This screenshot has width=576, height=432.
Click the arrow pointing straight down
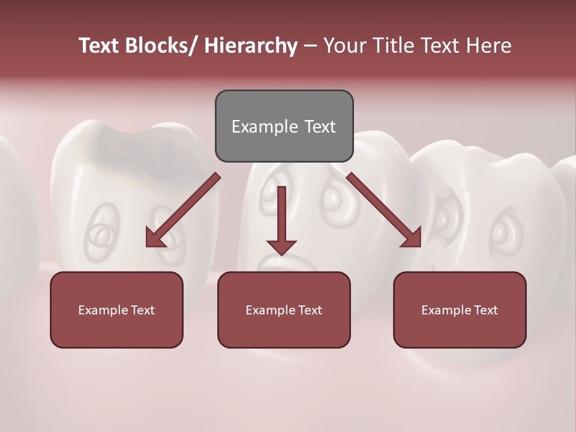point(281,219)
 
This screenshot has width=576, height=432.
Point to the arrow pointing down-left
point(183,210)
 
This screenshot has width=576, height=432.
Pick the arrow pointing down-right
point(384,210)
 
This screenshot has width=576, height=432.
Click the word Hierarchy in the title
point(250,46)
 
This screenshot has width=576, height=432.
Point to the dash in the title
point(310,46)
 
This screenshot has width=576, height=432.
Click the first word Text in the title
point(100,46)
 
